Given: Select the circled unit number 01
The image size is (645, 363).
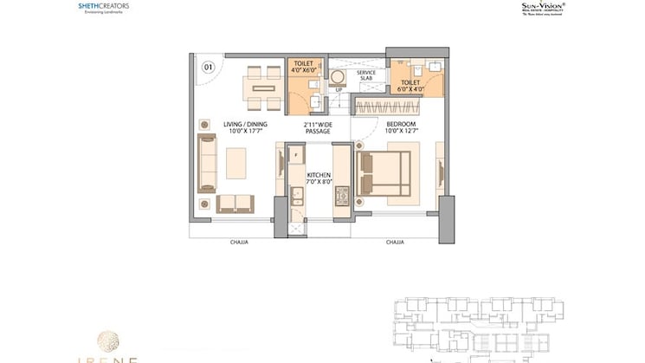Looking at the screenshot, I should click(208, 66).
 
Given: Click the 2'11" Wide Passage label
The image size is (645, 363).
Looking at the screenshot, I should click(318, 128).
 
